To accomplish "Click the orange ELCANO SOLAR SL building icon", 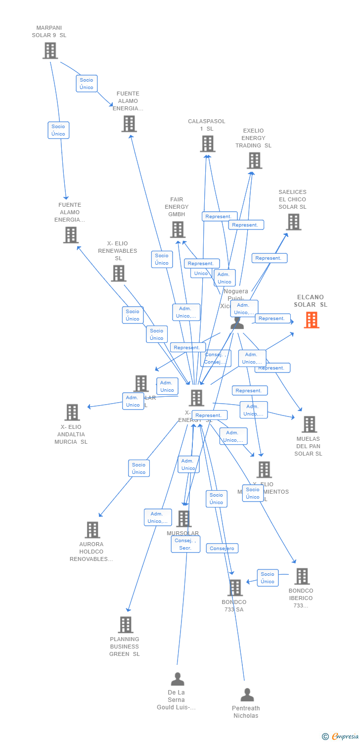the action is pyautogui.click(x=312, y=320).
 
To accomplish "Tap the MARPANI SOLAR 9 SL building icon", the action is pyautogui.click(x=50, y=50).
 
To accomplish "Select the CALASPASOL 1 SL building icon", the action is pyautogui.click(x=208, y=143).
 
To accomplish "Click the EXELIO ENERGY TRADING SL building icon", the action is pyautogui.click(x=254, y=160).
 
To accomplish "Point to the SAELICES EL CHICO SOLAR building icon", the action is pyautogui.click(x=294, y=222).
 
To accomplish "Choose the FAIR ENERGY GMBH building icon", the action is pyautogui.click(x=178, y=229).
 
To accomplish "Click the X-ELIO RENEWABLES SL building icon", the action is pyautogui.click(x=119, y=273).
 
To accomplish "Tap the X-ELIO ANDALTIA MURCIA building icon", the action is pyautogui.click(x=72, y=412).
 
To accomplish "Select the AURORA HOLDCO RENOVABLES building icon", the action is pyautogui.click(x=92, y=530).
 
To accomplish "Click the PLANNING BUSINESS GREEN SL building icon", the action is pyautogui.click(x=126, y=625).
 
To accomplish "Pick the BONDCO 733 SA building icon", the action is pyautogui.click(x=235, y=588).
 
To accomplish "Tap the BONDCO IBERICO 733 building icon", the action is pyautogui.click(x=302, y=576).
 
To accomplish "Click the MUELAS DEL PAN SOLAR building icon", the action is pyautogui.click(x=309, y=424).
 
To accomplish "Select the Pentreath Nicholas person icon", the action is pyautogui.click(x=247, y=695).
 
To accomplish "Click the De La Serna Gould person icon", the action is pyautogui.click(x=178, y=679).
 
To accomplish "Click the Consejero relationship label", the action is pyautogui.click(x=222, y=548).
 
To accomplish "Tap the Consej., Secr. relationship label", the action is pyautogui.click(x=185, y=544).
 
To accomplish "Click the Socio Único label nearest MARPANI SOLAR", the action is pyautogui.click(x=87, y=84).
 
